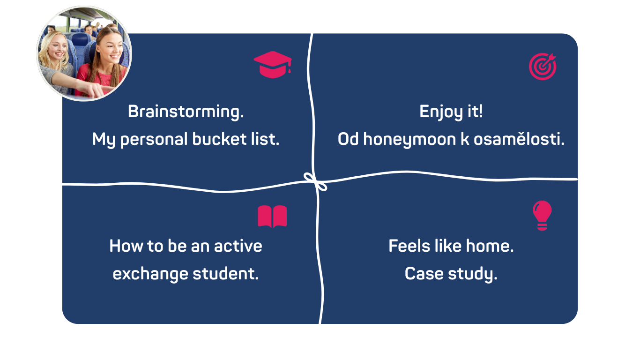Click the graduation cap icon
point(273,65)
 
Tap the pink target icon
point(542,67)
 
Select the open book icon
point(272,216)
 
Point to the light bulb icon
point(542,215)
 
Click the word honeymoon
point(410,140)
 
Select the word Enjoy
point(441,112)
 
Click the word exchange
point(150,274)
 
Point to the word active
point(238,246)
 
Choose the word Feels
point(409,246)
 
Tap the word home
point(490,246)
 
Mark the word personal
point(154,140)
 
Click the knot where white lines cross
point(315,182)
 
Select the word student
point(225,274)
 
